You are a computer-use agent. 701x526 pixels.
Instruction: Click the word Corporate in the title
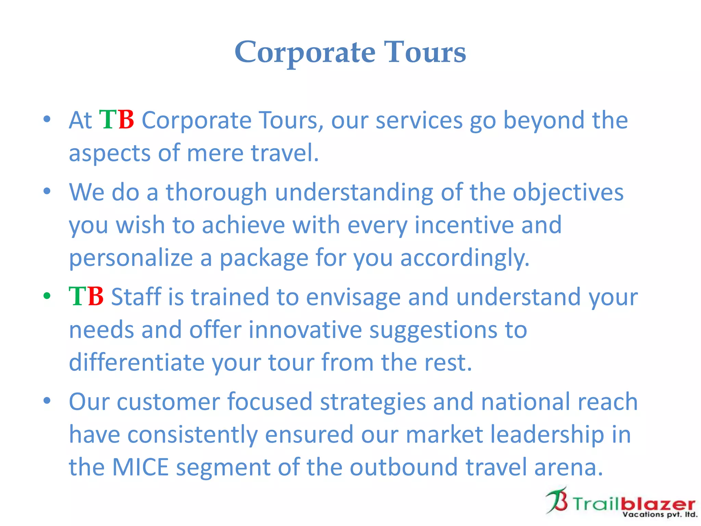point(305,52)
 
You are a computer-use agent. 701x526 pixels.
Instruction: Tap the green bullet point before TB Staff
point(47,296)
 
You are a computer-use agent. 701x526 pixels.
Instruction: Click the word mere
point(215,153)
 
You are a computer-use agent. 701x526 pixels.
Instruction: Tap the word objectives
point(568,192)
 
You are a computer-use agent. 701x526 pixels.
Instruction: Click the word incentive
point(464,225)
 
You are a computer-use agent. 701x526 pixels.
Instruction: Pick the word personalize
point(131,258)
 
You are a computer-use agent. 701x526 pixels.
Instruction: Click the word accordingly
point(464,258)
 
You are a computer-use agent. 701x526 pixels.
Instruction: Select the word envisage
point(353,297)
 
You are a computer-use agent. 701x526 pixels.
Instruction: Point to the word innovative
point(305,330)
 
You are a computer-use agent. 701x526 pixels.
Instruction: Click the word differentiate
point(136,362)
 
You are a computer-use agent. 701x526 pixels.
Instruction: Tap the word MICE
point(140,467)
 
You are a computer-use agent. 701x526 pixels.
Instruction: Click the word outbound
point(404,467)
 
